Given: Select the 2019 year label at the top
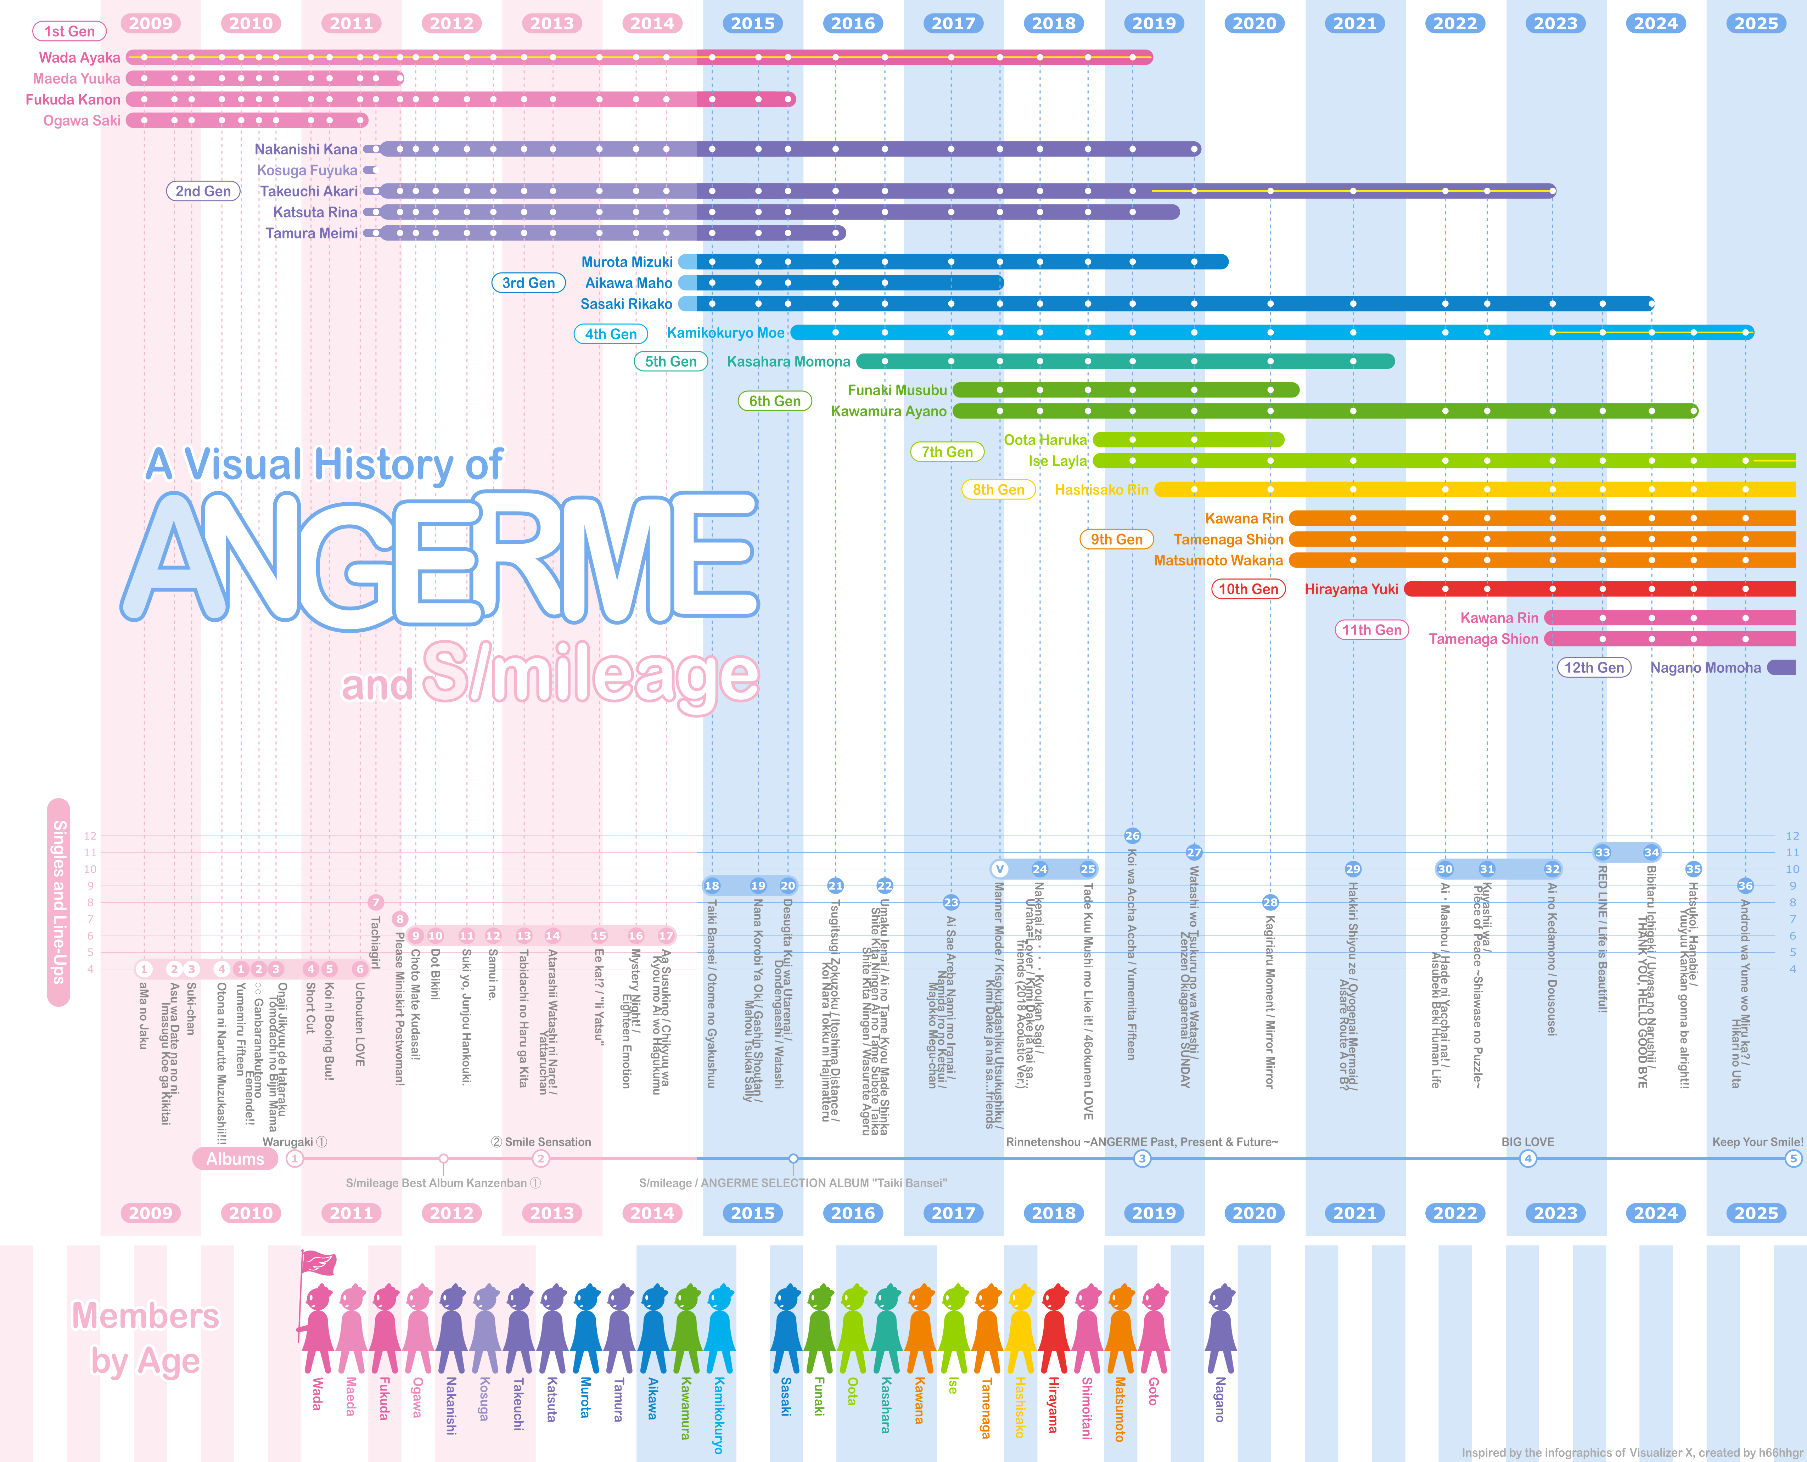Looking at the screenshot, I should click(1153, 24).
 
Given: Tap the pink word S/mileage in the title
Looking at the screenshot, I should click(590, 674).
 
